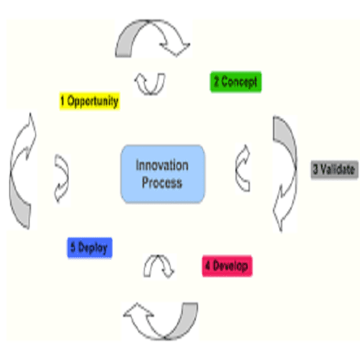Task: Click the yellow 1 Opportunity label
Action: [x=89, y=101]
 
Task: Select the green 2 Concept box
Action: [x=235, y=81]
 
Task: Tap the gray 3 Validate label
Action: [x=334, y=169]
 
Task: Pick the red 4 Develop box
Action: [x=227, y=266]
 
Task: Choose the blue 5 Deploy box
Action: [x=89, y=248]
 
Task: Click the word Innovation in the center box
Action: [x=162, y=166]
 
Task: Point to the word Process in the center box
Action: [x=162, y=182]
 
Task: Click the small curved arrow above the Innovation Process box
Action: [x=150, y=92]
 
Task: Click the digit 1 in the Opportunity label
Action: [x=63, y=101]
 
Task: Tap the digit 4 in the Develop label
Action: [x=208, y=266]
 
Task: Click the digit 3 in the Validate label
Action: [x=315, y=169]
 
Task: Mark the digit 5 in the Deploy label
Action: [x=73, y=247]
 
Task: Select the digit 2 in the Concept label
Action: [x=216, y=81]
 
